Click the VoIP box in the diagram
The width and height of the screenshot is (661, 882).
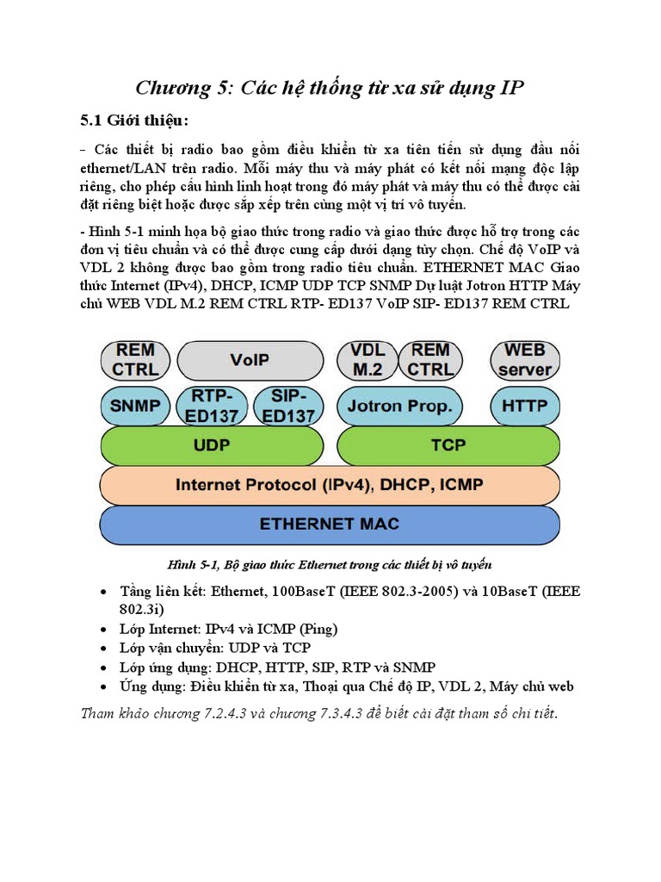pos(249,359)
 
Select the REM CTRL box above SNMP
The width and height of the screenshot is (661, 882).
pos(135,359)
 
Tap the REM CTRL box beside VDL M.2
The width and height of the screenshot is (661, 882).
pos(430,359)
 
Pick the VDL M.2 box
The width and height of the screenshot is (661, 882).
pos(368,359)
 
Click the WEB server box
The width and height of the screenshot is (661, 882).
pos(524,359)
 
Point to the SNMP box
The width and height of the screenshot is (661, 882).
pos(135,405)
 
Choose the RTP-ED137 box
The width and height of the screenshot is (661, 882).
pos(211,405)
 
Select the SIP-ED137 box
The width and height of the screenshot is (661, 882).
pos(287,405)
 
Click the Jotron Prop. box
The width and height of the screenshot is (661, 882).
pos(399,406)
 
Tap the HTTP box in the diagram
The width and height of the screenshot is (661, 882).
pos(524,405)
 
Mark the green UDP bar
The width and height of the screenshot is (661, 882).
pos(212,445)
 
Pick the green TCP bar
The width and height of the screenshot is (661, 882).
pos(448,445)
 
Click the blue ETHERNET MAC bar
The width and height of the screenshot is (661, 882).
pos(330,524)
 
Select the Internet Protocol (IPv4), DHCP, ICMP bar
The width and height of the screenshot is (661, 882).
pos(330,485)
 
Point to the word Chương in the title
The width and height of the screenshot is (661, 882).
pos(176,88)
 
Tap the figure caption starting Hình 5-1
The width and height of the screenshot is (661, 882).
pos(329,564)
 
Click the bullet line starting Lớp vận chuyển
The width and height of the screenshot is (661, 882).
pos(215,647)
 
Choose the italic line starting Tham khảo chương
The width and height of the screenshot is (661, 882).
pos(318,713)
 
